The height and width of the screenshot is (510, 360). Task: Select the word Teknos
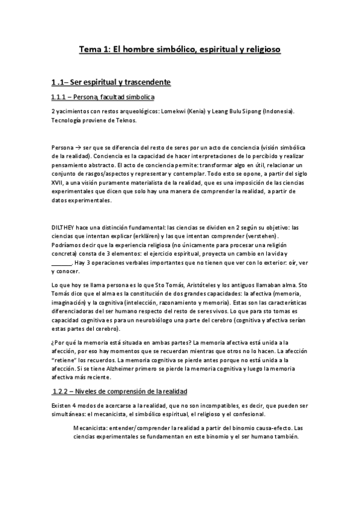124,120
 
